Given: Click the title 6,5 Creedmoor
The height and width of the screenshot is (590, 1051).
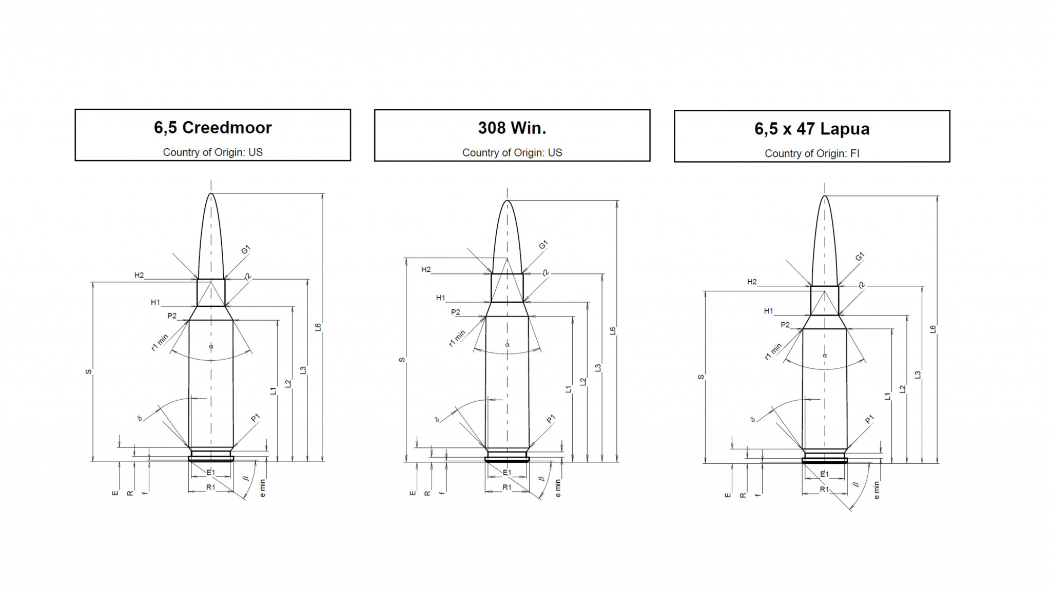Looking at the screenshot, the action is tap(212, 128).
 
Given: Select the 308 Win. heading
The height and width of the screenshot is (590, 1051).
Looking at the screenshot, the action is tap(512, 128).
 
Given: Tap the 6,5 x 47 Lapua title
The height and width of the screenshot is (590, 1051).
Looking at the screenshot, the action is tap(812, 129).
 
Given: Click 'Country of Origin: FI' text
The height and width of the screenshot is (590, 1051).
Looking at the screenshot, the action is tap(812, 153).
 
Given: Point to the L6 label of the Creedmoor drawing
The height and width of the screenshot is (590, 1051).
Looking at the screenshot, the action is tap(318, 327).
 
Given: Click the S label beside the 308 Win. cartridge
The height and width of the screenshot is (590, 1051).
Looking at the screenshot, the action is tap(402, 360).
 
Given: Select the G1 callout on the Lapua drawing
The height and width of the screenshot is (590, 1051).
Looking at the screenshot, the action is tap(860, 257).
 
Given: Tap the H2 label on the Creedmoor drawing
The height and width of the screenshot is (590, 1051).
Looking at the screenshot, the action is tap(139, 276).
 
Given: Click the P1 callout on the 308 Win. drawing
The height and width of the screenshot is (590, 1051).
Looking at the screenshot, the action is tap(551, 420).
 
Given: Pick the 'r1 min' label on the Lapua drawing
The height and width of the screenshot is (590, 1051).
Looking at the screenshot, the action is tap(773, 351).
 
